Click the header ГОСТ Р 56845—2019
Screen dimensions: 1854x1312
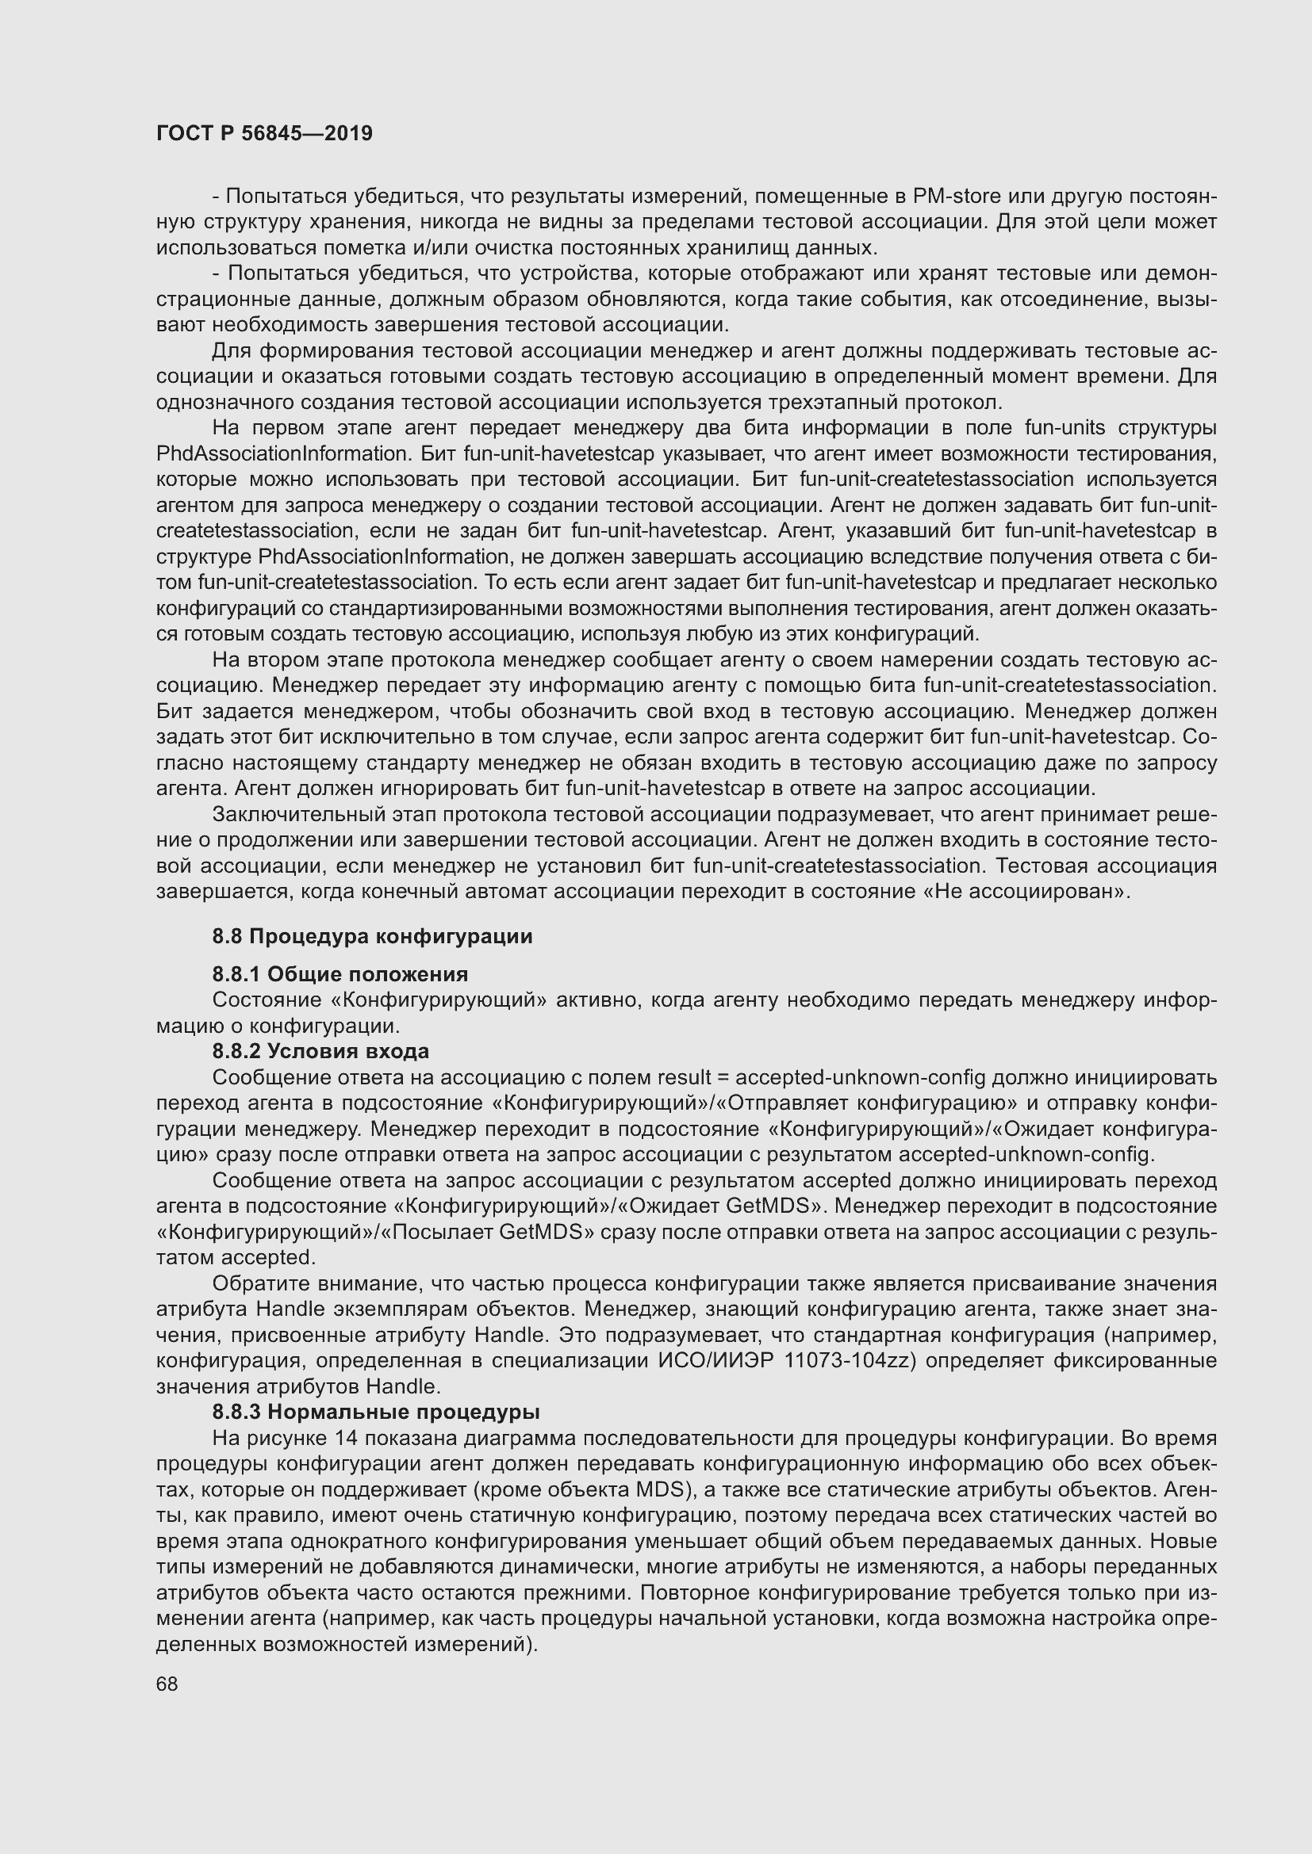click(264, 133)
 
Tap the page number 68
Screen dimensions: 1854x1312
click(167, 1684)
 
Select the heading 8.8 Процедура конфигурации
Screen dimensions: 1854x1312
click(373, 937)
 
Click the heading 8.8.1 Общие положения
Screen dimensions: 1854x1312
click(340, 974)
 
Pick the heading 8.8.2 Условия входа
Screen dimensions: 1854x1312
click(320, 1051)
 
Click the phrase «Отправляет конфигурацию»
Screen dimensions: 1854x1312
click(863, 1103)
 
